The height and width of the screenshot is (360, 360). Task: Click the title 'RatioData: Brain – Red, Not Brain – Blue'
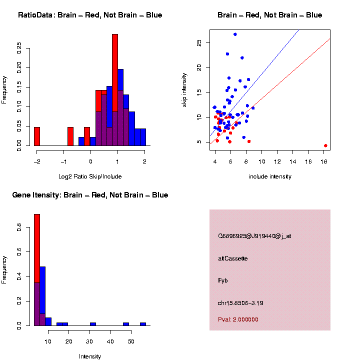click(90, 15)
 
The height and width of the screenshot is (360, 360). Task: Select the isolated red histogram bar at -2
click(37, 136)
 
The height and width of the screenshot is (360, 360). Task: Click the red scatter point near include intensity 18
click(325, 145)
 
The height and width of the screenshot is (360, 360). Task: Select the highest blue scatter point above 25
click(235, 34)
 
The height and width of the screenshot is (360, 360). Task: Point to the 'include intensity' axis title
click(270, 176)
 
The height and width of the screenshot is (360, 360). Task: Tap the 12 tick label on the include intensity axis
click(277, 161)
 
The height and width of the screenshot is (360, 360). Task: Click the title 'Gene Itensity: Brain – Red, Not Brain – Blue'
click(90, 195)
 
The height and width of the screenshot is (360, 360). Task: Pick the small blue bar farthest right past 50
click(143, 324)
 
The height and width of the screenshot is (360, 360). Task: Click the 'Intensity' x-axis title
click(90, 356)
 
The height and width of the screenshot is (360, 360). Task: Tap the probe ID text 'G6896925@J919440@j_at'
click(254, 236)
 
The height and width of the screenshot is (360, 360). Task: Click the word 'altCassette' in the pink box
click(233, 258)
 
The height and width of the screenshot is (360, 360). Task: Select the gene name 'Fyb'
click(223, 281)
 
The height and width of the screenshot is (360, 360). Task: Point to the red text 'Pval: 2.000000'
click(238, 319)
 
